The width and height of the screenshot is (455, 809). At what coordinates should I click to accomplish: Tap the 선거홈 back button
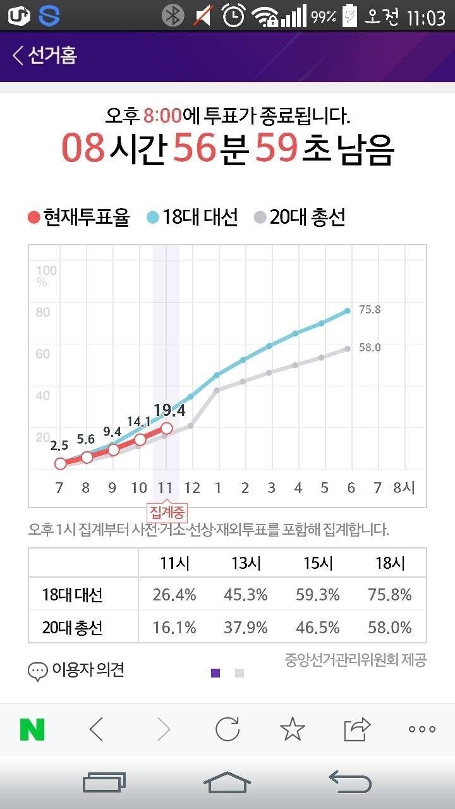click(x=44, y=56)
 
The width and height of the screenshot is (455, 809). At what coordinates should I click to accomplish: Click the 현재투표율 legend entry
click(x=79, y=217)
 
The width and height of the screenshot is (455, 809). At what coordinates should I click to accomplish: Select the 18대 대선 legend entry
click(x=192, y=217)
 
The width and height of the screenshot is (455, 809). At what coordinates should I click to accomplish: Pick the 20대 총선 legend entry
click(x=300, y=217)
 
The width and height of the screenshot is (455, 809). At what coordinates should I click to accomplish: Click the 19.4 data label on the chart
click(x=169, y=411)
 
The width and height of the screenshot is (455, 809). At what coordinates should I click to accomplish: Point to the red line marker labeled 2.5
click(x=60, y=463)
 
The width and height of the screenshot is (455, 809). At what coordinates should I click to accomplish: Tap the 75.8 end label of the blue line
click(x=370, y=310)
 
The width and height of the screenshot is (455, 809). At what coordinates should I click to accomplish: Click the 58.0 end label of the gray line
click(x=370, y=348)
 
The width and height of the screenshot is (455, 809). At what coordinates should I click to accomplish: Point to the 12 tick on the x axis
click(x=192, y=488)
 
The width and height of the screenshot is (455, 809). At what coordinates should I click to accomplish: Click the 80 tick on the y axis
click(x=43, y=312)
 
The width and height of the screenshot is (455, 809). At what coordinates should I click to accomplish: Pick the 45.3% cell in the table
click(x=246, y=595)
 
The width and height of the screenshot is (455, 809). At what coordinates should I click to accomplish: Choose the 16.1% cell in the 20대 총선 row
click(x=174, y=628)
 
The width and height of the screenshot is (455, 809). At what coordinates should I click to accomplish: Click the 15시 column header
click(x=318, y=563)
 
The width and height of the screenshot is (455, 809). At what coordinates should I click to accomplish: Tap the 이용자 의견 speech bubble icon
click(x=38, y=671)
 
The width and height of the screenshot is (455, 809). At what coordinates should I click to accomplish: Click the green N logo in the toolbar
click(x=32, y=729)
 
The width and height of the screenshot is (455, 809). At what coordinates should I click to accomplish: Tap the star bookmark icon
click(x=292, y=729)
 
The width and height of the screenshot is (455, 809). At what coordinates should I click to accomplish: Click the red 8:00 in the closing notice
click(x=162, y=116)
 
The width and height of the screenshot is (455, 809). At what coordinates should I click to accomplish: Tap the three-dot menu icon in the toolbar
click(x=422, y=729)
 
